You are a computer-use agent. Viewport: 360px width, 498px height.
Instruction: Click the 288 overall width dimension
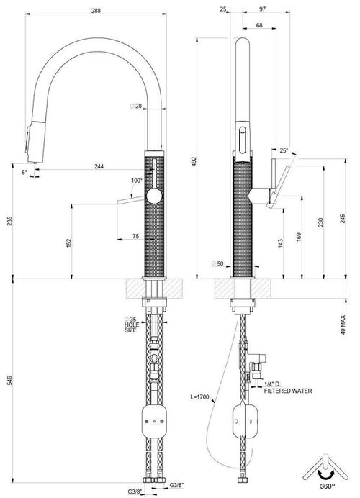[x=96, y=11]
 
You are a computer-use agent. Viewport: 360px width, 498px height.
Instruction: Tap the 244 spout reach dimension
[x=99, y=166]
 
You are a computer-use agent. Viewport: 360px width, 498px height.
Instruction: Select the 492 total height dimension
[x=194, y=160]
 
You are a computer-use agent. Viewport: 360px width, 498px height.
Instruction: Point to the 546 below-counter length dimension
[x=9, y=380]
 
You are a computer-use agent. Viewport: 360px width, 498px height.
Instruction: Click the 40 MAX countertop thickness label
[x=343, y=325]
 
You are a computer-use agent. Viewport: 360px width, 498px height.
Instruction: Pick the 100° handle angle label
[x=137, y=181]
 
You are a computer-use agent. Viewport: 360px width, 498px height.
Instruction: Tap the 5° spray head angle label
[x=24, y=172]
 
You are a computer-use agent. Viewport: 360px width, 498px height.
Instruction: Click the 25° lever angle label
[x=284, y=150]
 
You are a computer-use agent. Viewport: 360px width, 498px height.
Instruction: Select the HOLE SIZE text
[x=132, y=327]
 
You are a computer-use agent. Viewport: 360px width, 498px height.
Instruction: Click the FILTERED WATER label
[x=288, y=391]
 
